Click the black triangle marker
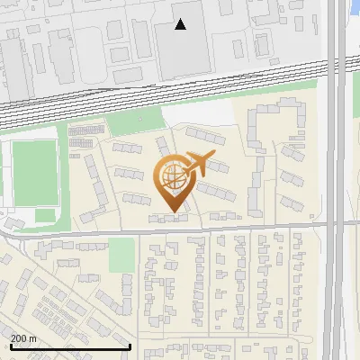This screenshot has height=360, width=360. click(x=181, y=24)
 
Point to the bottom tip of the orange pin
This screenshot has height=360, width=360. click(x=173, y=213)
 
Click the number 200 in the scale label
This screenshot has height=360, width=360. click(x=19, y=338)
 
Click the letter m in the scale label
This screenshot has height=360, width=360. click(x=32, y=338)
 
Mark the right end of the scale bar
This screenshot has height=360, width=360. click(x=130, y=347)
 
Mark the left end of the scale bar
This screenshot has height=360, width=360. click(x=11, y=347)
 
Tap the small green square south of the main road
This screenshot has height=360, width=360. click(x=121, y=256)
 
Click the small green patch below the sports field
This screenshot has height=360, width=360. click(x=45, y=216)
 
